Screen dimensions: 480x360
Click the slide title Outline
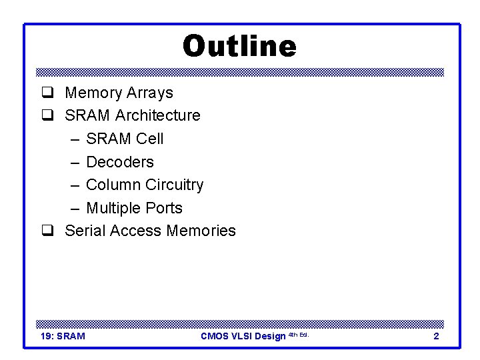[x=239, y=47]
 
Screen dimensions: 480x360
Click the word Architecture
[x=157, y=115]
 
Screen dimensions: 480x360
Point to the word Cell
[x=150, y=139]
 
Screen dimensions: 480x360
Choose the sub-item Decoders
[x=120, y=162]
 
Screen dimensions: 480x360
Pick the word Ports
[x=164, y=208]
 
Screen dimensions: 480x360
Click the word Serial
[x=85, y=231]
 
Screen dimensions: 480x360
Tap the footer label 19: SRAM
[x=63, y=336]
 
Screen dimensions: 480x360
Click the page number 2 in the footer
[x=436, y=336]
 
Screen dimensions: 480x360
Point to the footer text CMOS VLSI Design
[x=243, y=336]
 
